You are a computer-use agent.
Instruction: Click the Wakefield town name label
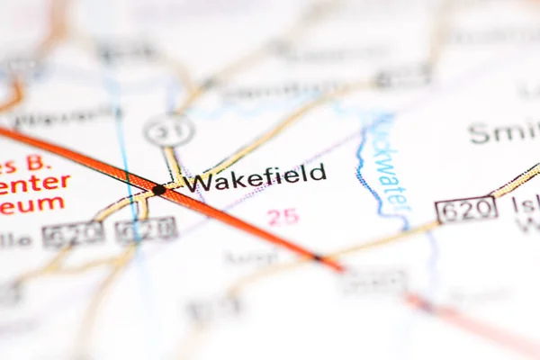[256, 176]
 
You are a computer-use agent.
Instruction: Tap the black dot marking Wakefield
[159, 189]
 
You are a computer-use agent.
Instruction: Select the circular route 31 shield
[168, 131]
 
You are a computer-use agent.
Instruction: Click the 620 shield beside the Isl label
[466, 210]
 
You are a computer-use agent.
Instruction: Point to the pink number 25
[283, 216]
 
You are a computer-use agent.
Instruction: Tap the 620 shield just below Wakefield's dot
[146, 229]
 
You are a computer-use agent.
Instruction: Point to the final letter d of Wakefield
[318, 172]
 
